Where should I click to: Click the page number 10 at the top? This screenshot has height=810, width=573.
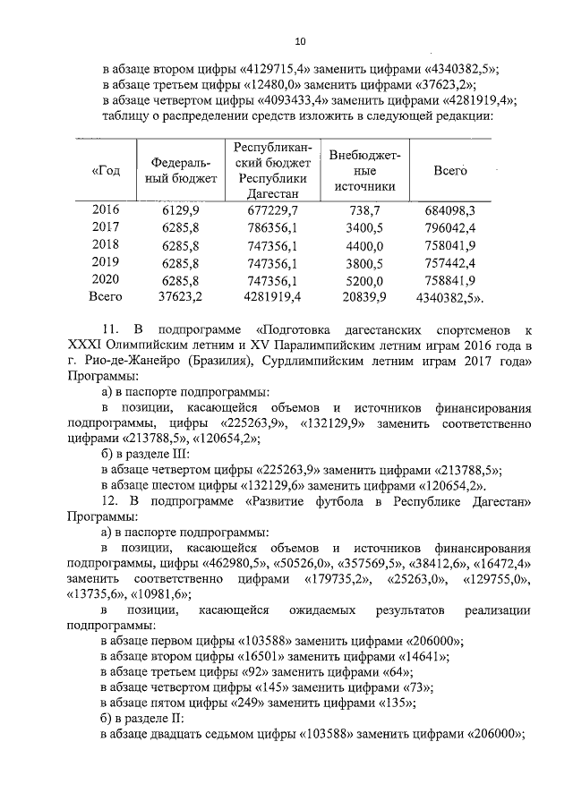pyautogui.click(x=300, y=41)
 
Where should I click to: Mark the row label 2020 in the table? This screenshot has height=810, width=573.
pyautogui.click(x=106, y=279)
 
